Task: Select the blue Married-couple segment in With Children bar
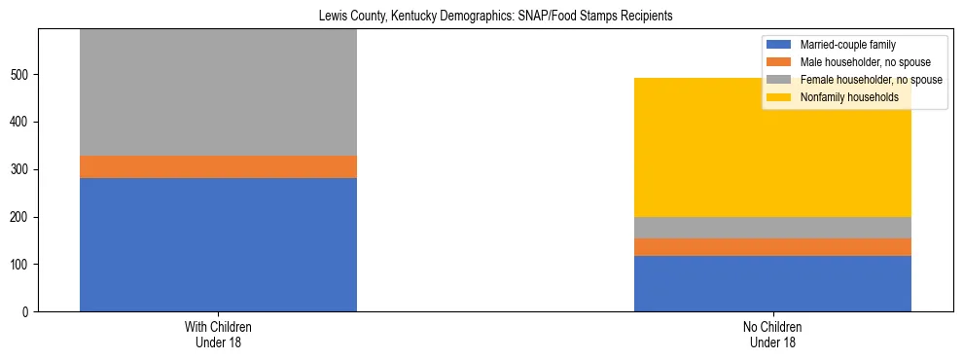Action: click(x=218, y=244)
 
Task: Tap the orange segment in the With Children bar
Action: click(x=218, y=166)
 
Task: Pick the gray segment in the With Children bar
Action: click(x=218, y=92)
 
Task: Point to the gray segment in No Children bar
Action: click(x=772, y=228)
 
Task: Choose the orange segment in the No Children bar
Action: click(x=772, y=247)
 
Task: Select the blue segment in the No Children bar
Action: click(x=772, y=283)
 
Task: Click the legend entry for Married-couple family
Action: click(x=847, y=45)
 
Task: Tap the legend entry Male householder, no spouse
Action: click(x=860, y=62)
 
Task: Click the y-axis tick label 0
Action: click(x=27, y=312)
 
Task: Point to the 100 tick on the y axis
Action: click(x=21, y=265)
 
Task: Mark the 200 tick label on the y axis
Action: click(x=21, y=217)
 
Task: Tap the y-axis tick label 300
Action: click(x=21, y=169)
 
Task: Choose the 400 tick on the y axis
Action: click(x=21, y=122)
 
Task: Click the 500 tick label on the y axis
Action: click(x=21, y=75)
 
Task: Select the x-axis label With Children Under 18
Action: click(x=218, y=334)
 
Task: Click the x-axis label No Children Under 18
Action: click(x=772, y=334)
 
